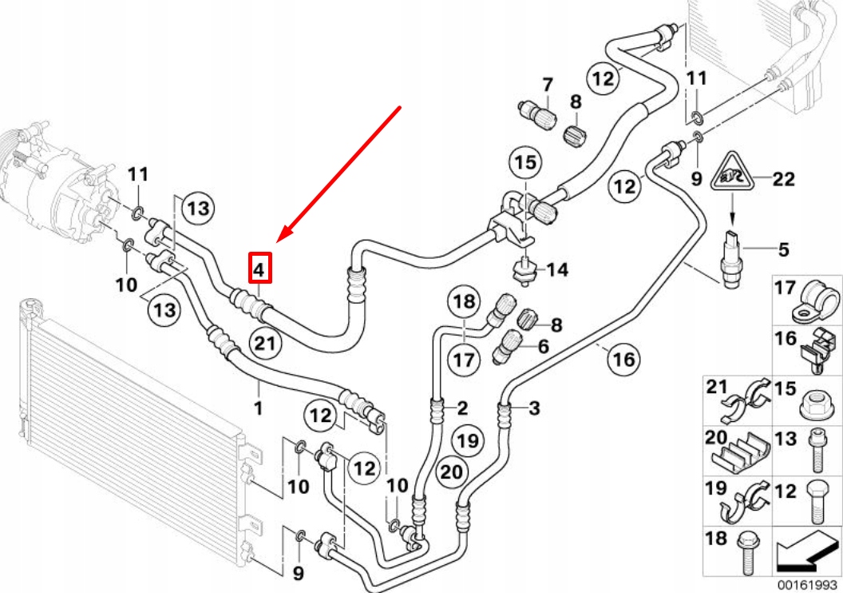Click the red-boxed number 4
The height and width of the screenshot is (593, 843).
click(259, 269)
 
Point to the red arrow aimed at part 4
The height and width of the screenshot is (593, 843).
click(338, 173)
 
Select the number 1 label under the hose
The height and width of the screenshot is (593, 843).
click(258, 409)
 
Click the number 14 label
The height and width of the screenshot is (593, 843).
click(557, 270)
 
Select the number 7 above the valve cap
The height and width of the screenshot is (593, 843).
click(548, 84)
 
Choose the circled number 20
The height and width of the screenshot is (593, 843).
click(452, 472)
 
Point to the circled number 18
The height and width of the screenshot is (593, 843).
click(465, 302)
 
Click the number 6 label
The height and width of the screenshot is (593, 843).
click(544, 346)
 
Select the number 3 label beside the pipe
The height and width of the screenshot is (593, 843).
click(534, 409)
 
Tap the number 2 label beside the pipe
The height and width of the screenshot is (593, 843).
click(461, 409)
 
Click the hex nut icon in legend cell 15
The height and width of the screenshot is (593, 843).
click(814, 404)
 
